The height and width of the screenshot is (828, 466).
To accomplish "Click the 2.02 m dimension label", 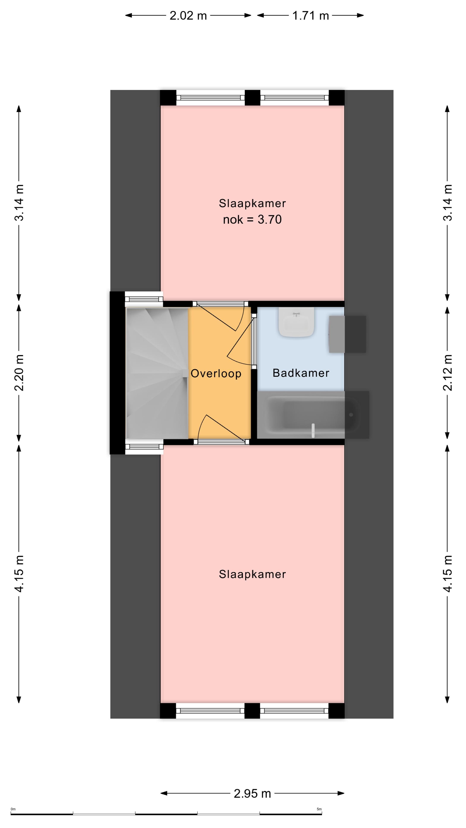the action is [x=188, y=16].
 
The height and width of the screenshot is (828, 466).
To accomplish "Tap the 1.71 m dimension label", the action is [x=311, y=16].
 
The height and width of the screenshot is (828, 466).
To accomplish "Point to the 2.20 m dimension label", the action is [x=19, y=373].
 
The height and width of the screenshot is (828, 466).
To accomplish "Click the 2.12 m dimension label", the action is [x=448, y=373].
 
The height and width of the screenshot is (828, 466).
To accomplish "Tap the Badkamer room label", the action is [x=301, y=373].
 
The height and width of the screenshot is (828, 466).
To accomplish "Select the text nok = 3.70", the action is [x=252, y=220].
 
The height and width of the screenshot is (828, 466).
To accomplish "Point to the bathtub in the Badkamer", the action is [x=313, y=415].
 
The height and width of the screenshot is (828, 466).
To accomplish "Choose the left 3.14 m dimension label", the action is [x=19, y=202].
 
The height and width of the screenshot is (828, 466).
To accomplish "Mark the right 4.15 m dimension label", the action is [x=448, y=573].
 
